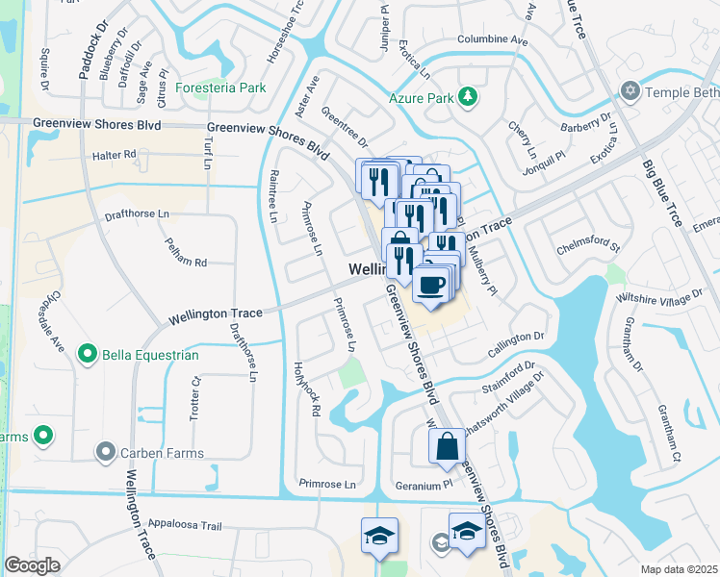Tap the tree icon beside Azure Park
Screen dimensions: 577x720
pyautogui.click(x=468, y=96)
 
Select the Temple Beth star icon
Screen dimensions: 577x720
pyautogui.click(x=630, y=91)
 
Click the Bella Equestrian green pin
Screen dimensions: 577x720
pyautogui.click(x=88, y=355)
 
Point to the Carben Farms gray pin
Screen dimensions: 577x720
pyautogui.click(x=105, y=452)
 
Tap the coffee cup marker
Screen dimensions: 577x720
pyautogui.click(x=431, y=284)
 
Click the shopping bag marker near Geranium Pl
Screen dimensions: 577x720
pyautogui.click(x=447, y=446)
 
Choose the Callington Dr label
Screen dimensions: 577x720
pyautogui.click(x=519, y=339)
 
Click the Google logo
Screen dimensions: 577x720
pyautogui.click(x=32, y=564)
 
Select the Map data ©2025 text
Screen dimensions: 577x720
pyautogui.click(x=679, y=569)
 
